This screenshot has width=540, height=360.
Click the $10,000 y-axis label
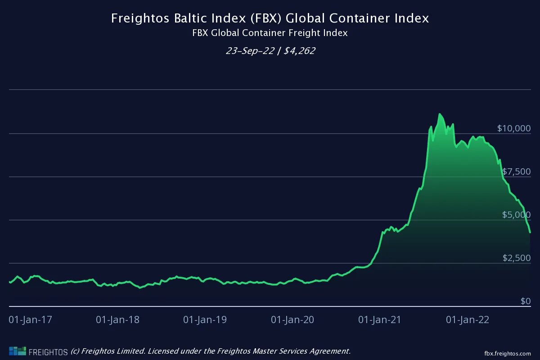click(x=514, y=128)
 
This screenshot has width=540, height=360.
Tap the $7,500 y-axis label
click(x=516, y=171)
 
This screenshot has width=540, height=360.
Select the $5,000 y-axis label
click(x=516, y=215)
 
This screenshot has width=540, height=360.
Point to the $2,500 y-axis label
click(x=516, y=258)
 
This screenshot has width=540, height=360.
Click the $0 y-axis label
click(x=526, y=301)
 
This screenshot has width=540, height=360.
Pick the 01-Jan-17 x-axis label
click(x=31, y=320)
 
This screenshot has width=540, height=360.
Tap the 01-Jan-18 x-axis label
click(x=118, y=320)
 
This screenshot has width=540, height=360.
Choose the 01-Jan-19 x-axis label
click(x=205, y=320)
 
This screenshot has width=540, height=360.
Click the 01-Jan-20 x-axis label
click(x=292, y=320)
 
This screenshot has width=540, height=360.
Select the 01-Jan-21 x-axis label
click(x=380, y=320)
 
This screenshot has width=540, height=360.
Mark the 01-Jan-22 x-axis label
click(x=467, y=320)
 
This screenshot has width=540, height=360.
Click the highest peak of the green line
click(x=440, y=114)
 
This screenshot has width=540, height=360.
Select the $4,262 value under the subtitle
click(x=299, y=51)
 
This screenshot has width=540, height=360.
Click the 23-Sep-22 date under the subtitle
click(x=250, y=51)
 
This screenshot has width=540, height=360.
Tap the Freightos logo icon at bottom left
click(x=17, y=351)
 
